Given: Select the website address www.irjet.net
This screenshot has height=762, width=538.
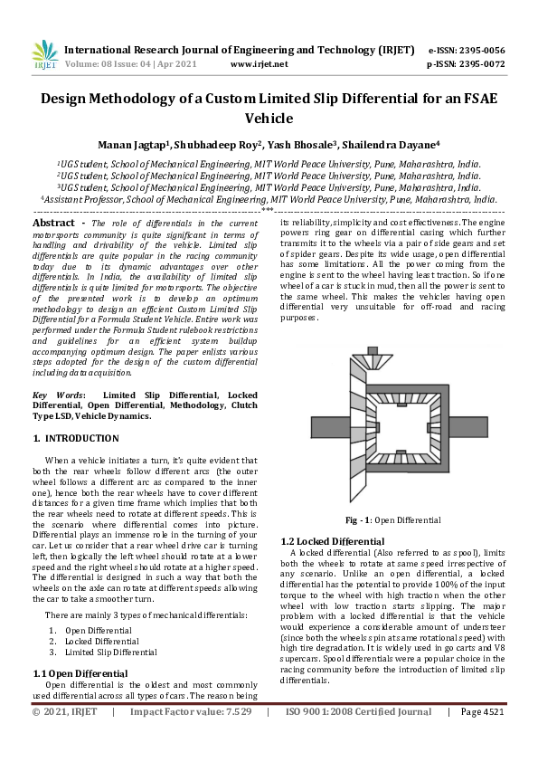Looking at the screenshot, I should tap(260, 64).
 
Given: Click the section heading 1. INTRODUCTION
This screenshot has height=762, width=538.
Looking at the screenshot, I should tap(76, 438).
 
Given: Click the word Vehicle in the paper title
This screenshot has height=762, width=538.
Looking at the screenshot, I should tap(269, 118).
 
